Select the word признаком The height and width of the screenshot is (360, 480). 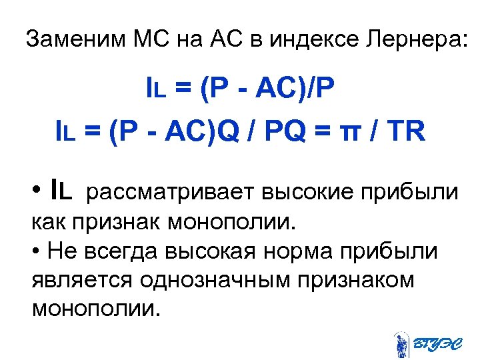coord(358,280)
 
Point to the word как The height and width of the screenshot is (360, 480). coord(47,221)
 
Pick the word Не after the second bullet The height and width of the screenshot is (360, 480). coord(57,252)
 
